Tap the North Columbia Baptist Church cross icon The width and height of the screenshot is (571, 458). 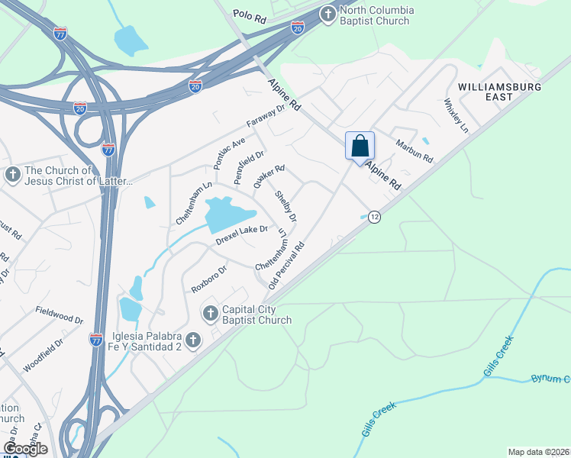tap(327, 14)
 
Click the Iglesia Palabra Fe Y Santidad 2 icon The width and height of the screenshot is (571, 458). tap(192, 339)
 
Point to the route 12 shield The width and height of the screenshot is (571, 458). tap(374, 217)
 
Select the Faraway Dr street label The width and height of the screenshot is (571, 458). tap(265, 115)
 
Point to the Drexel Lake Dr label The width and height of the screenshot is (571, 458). tap(241, 234)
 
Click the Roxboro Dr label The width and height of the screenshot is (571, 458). tap(210, 279)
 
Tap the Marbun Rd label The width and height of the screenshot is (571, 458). tap(414, 150)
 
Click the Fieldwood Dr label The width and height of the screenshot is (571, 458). tap(59, 313)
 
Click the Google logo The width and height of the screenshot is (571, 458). tap(25, 448)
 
